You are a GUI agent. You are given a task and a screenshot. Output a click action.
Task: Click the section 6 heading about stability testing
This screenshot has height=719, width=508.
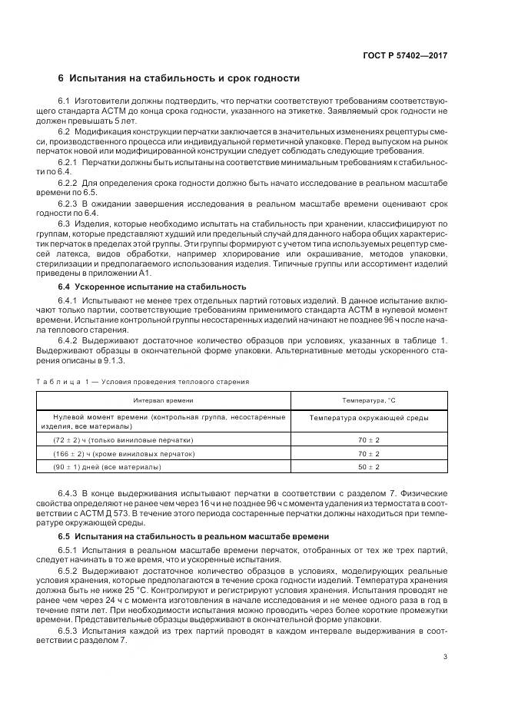(178, 78)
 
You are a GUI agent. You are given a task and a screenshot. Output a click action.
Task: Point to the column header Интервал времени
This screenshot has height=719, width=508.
(163, 400)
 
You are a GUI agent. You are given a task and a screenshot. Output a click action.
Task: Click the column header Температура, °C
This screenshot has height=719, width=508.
(368, 400)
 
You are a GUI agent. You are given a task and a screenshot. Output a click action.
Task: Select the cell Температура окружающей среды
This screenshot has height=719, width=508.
(368, 418)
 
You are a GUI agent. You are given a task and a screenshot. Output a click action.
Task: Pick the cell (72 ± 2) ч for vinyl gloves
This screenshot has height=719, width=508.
(123, 439)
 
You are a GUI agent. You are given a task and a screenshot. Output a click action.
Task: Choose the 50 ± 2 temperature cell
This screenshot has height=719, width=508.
(368, 467)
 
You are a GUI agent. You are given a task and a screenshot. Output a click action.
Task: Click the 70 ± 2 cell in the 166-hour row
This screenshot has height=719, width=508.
(368, 453)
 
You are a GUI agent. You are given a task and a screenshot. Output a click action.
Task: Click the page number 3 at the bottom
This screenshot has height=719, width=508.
(446, 657)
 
